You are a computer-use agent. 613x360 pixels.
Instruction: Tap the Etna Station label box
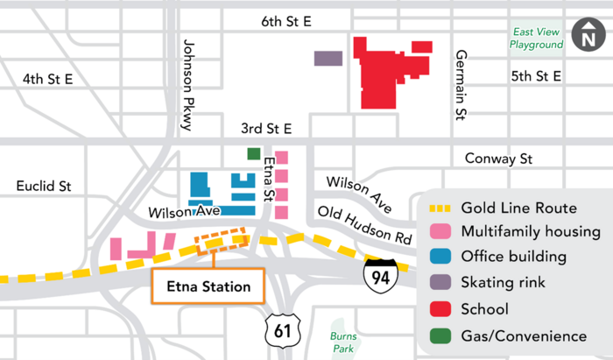tap(207, 286)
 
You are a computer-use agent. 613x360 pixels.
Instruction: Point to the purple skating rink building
tap(328, 59)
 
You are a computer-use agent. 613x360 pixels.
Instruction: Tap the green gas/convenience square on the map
tap(254, 154)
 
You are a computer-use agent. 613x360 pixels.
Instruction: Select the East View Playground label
tap(538, 38)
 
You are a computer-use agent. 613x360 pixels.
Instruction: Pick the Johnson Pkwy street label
tap(187, 84)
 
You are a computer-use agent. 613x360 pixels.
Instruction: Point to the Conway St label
tap(500, 159)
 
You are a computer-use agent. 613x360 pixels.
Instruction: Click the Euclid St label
tap(43, 186)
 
